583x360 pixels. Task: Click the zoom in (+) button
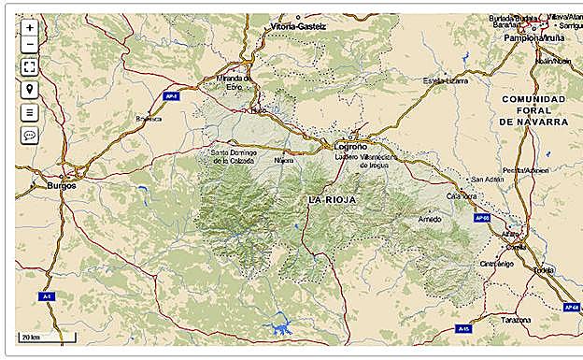tap(30, 28)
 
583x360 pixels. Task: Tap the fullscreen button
tap(30, 66)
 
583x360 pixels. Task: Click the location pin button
tap(30, 90)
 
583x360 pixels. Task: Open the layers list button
tap(30, 112)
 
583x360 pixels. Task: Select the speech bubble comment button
tap(30, 136)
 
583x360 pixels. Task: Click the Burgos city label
tap(61, 185)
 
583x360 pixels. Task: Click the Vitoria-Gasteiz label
tap(298, 27)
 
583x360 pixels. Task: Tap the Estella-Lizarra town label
tap(445, 81)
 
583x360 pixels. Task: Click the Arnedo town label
tap(430, 219)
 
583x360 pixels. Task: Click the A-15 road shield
tap(464, 329)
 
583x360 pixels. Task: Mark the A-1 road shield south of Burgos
tap(47, 296)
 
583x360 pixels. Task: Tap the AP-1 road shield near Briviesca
tap(170, 95)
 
